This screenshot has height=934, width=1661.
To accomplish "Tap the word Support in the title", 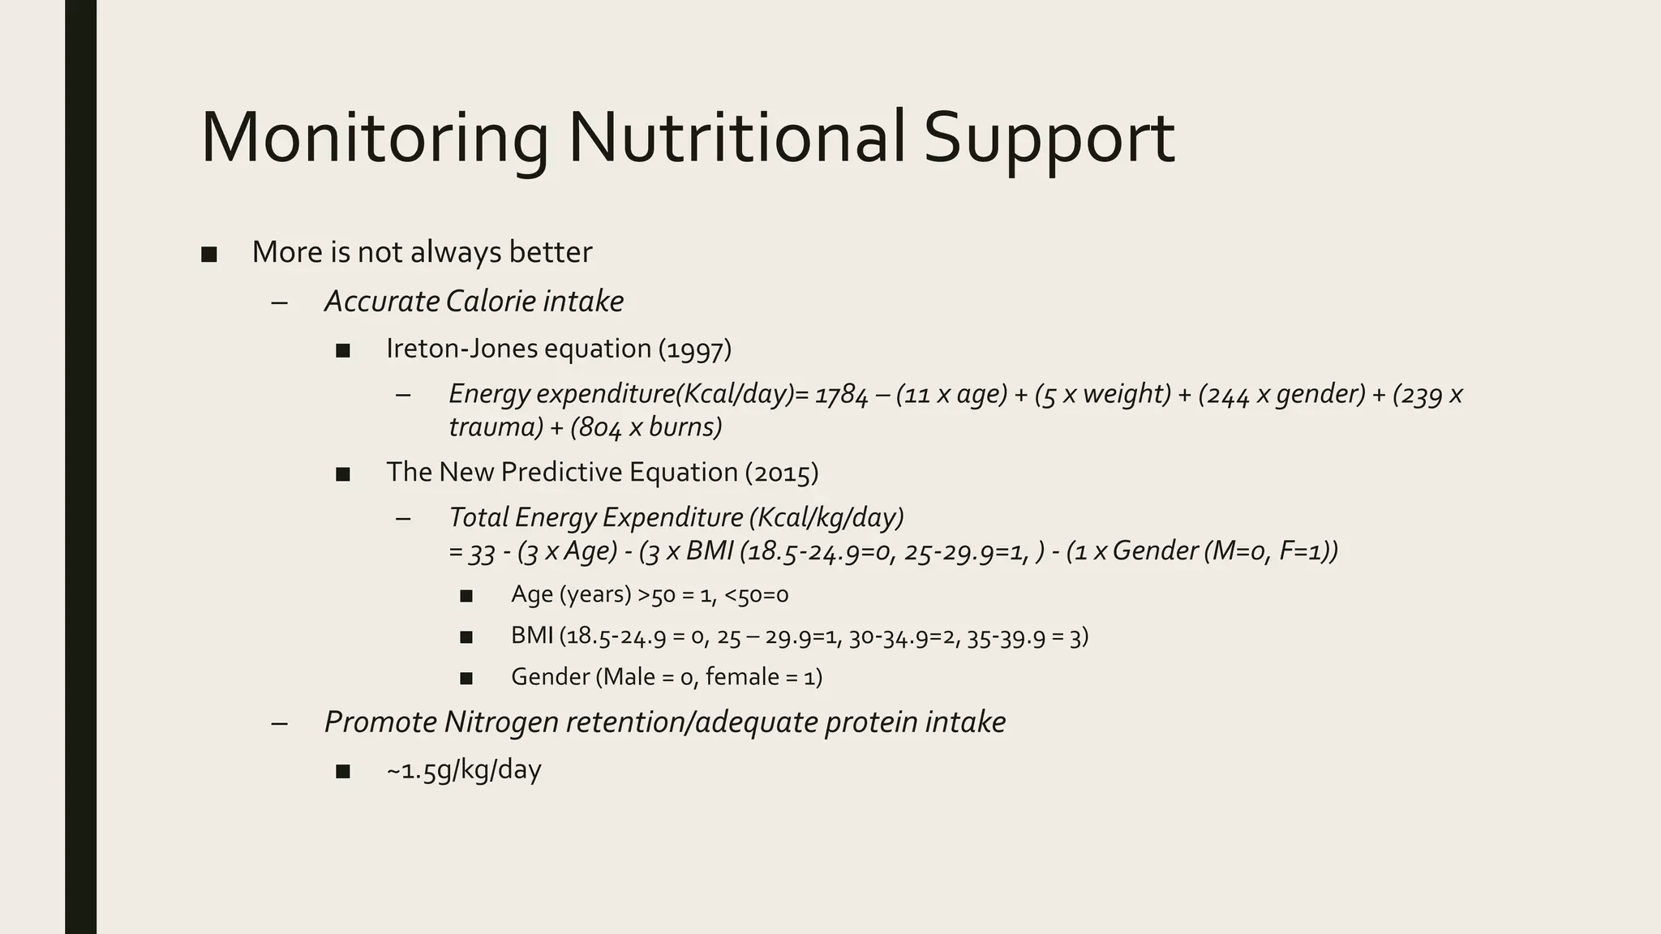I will (1049, 139).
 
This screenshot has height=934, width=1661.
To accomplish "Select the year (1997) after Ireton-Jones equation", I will (695, 349).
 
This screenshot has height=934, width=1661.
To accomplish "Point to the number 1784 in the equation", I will (842, 395).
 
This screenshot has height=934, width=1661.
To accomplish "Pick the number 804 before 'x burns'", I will (596, 427).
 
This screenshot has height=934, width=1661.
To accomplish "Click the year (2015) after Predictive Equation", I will (782, 472).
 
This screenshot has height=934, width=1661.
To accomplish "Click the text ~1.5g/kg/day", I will (464, 769).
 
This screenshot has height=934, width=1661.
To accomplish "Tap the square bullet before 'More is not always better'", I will (209, 254).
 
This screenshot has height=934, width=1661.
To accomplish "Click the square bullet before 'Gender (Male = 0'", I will (466, 678).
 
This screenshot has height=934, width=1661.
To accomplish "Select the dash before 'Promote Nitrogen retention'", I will (280, 722).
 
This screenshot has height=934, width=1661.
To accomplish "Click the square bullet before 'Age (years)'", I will (466, 596).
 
